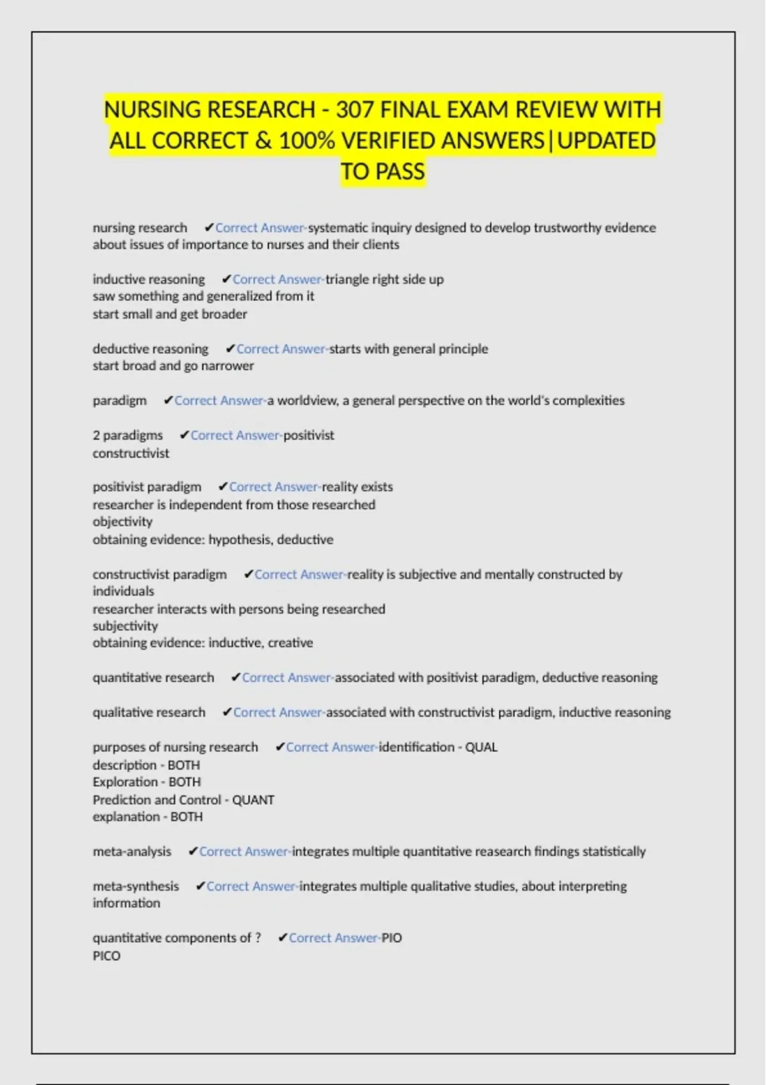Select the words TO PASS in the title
382,172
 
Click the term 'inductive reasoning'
149,280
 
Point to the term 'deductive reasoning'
151,349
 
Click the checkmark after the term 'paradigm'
168,401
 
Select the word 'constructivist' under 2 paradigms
131,453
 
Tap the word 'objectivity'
123,521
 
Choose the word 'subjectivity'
125,626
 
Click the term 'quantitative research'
153,678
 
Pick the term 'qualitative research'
149,712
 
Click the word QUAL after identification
481,747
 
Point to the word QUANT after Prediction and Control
253,800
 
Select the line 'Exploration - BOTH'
147,782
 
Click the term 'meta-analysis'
132,851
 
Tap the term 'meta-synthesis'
136,887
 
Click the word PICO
107,955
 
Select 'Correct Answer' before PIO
333,938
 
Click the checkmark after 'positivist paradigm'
223,487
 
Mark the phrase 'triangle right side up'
384,280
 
